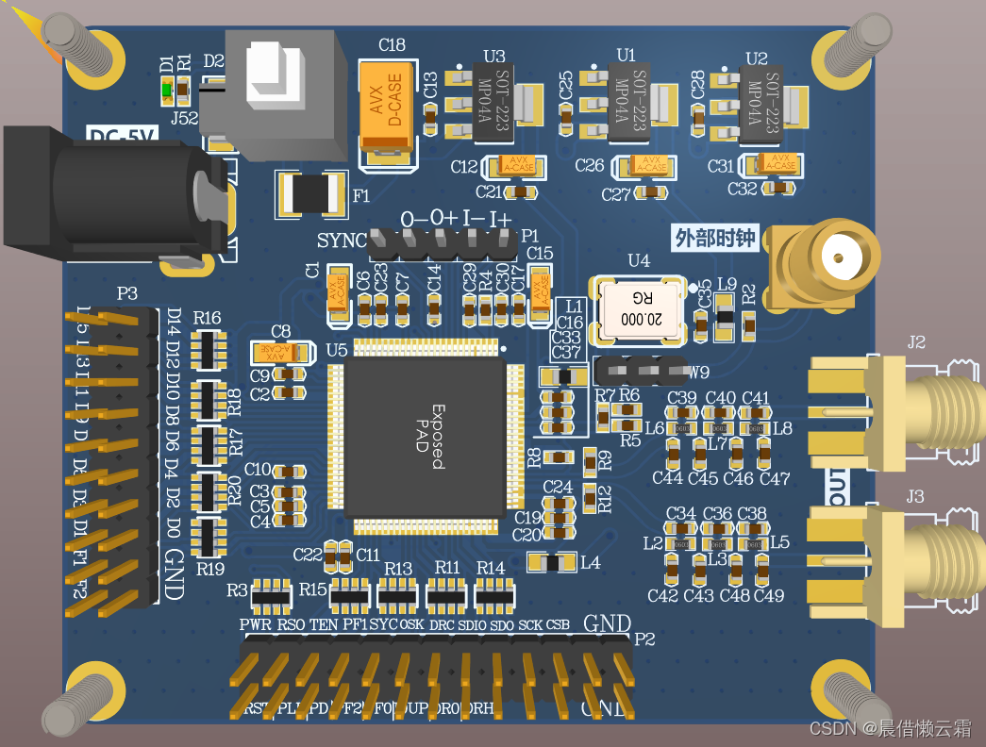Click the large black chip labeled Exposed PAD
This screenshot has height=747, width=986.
tap(421, 439)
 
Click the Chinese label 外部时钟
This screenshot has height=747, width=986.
tap(715, 239)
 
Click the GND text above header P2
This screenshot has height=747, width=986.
tap(607, 623)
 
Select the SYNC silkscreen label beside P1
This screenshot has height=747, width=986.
tap(341, 241)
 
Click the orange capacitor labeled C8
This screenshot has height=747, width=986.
tap(280, 353)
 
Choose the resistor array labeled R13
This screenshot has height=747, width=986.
tap(397, 594)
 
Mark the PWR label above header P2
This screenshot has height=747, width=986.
tap(255, 624)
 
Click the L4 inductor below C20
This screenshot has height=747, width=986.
tap(553, 563)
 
